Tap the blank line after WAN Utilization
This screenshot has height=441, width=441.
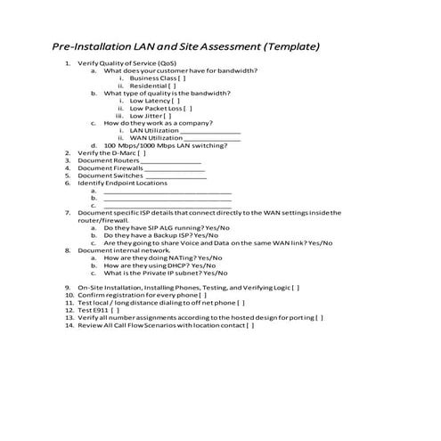click(212, 138)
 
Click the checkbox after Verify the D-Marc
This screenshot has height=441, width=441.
click(142, 152)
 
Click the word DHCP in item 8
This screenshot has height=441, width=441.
click(167, 265)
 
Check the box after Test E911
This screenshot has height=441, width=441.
click(116, 310)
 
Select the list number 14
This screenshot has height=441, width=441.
click(69, 325)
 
